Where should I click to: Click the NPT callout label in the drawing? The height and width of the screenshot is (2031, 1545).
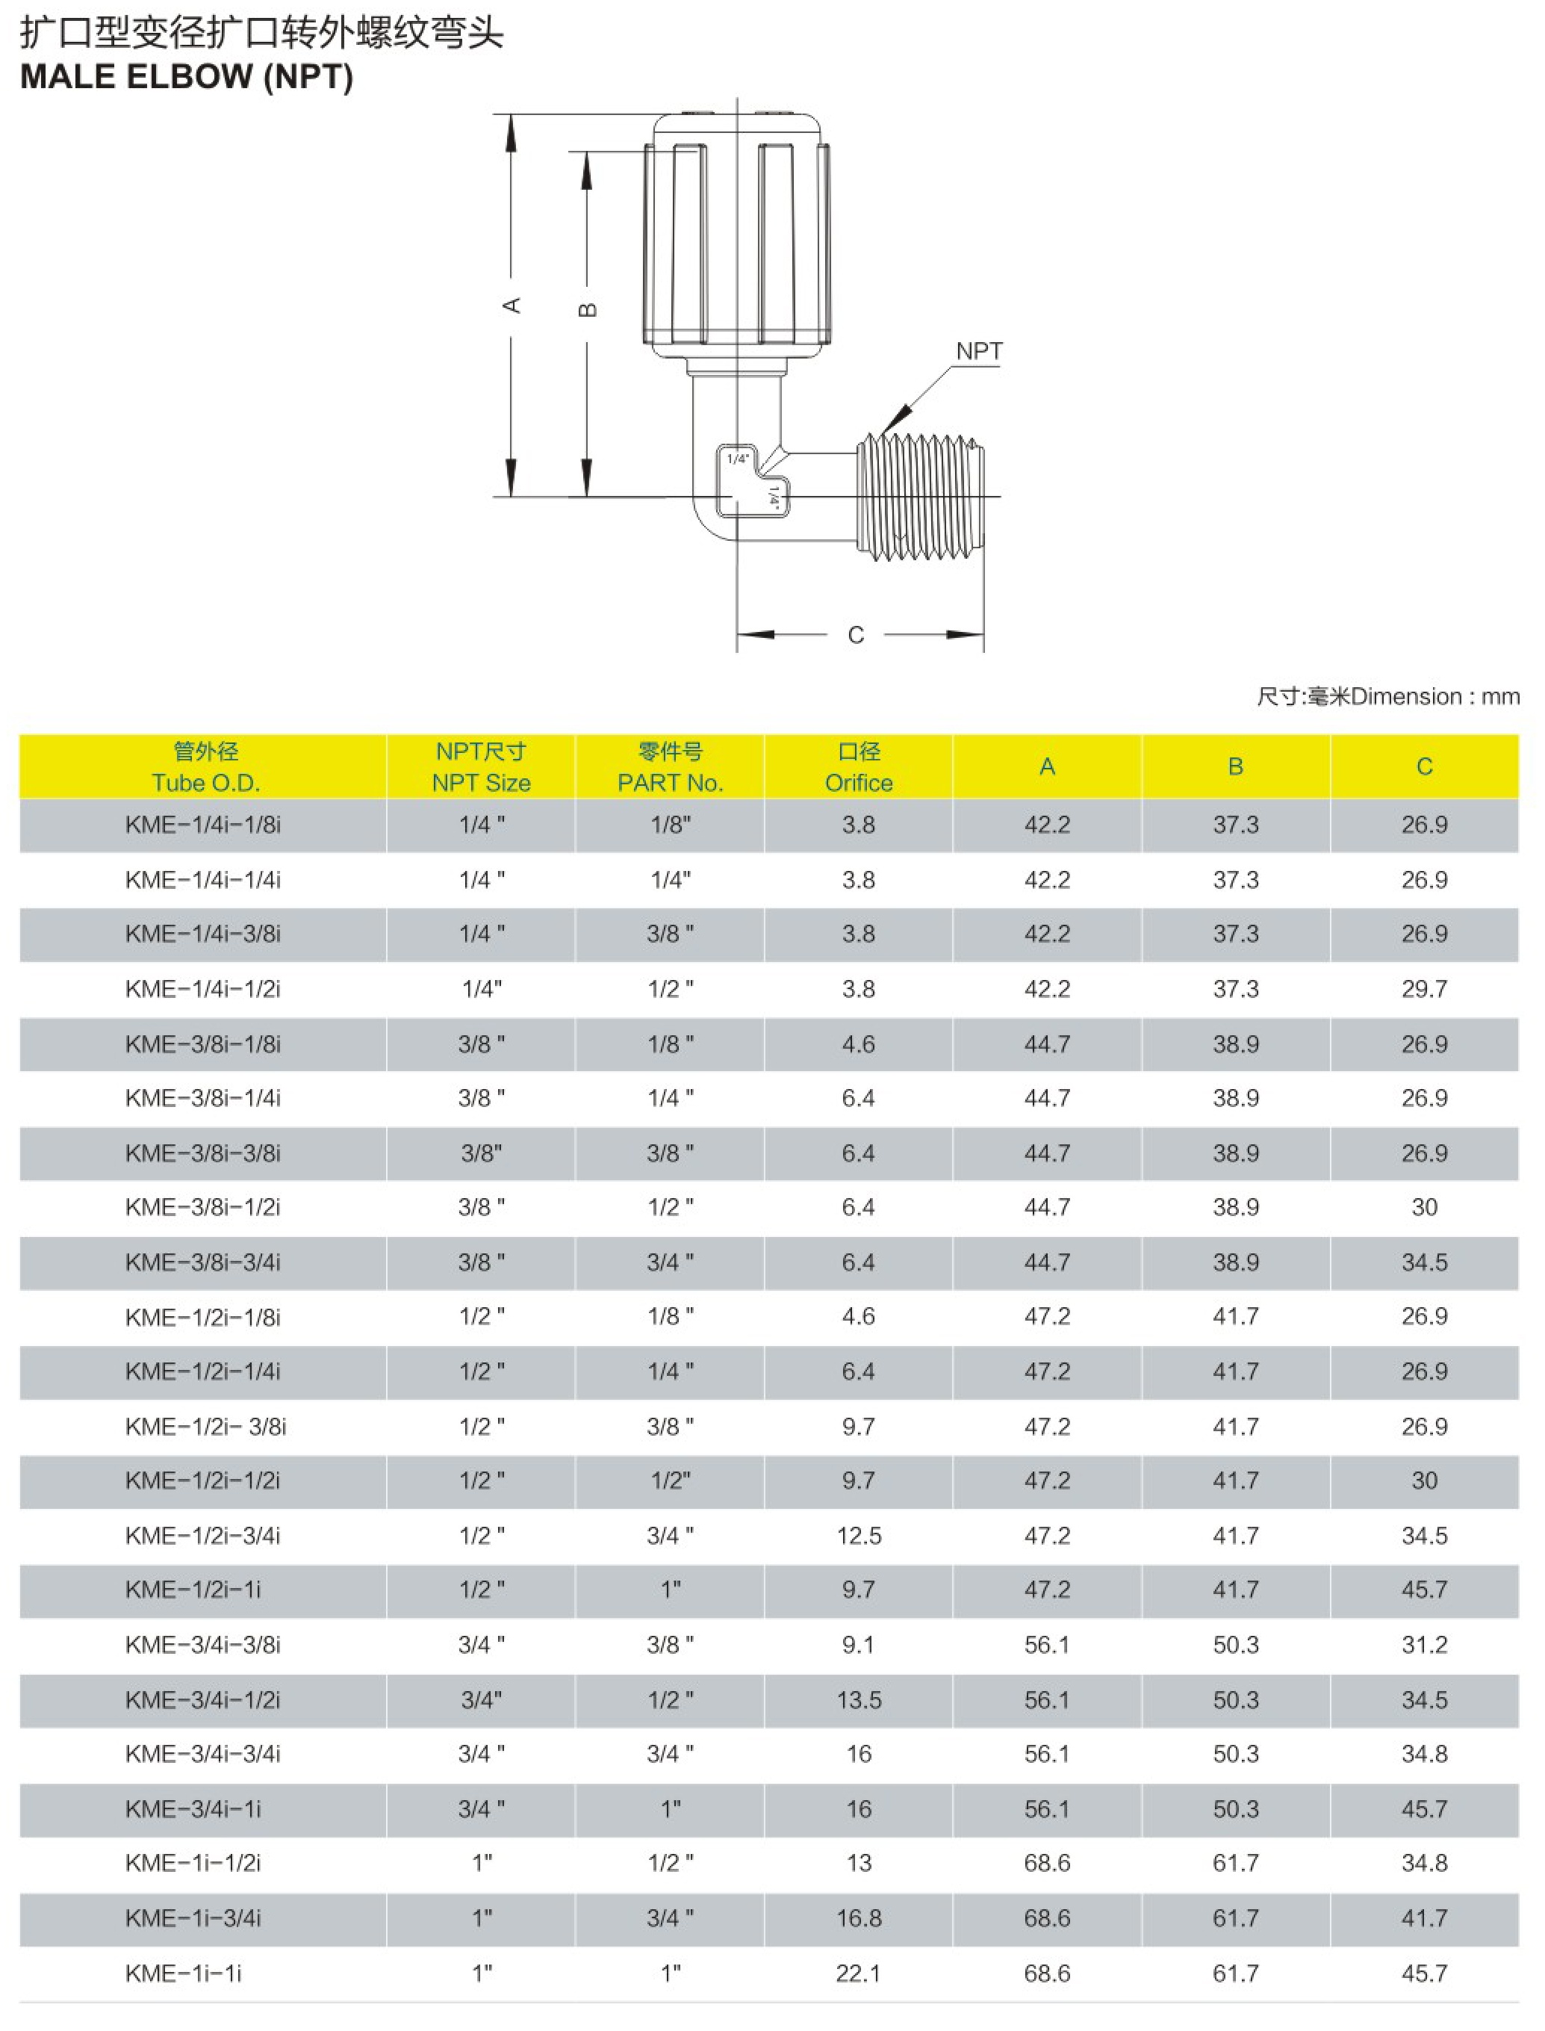pos(978,351)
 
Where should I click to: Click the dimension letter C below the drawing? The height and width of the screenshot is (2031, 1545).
pos(855,635)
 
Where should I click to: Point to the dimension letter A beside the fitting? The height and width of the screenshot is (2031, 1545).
pos(512,306)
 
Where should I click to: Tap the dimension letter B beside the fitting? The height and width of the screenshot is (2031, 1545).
pos(588,310)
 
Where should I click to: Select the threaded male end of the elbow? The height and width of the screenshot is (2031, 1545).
pos(922,497)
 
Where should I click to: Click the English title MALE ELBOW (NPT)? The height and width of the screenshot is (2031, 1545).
pos(187,77)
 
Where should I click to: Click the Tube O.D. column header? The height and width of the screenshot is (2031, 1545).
pos(205,768)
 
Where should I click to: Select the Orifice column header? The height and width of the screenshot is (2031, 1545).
pos(858,768)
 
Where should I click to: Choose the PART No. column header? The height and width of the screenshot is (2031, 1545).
pos(670,768)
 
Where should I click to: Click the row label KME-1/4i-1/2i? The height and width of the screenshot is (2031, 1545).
pos(202,989)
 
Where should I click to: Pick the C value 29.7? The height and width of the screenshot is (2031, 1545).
pos(1423,989)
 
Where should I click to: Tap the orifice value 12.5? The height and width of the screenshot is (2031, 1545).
pos(858,1535)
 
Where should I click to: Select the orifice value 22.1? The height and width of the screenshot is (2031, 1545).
pos(858,1973)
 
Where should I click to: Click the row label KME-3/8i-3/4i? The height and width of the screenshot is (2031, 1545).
pos(202,1262)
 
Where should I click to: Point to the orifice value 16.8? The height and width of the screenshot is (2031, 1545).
pos(858,1918)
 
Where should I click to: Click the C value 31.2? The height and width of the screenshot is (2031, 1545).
pos(1423,1645)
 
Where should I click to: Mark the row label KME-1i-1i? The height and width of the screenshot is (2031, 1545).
pos(183,1973)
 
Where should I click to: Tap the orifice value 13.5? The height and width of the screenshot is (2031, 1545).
pos(858,1700)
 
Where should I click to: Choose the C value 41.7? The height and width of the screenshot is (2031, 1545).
pos(1423,1918)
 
